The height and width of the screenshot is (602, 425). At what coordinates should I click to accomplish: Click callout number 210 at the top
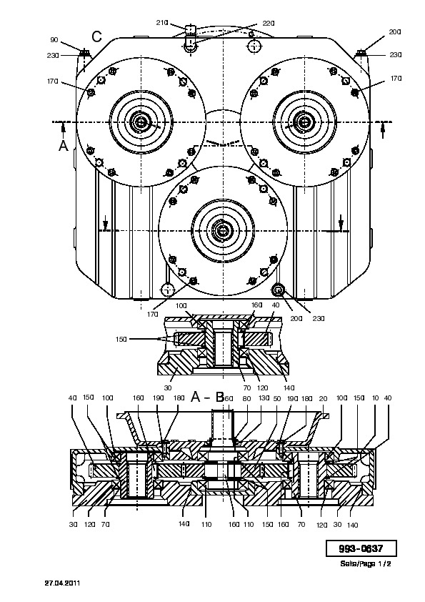(162, 23)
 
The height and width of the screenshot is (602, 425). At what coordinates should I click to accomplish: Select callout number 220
(269, 24)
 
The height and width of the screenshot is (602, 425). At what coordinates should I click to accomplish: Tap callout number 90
(54, 40)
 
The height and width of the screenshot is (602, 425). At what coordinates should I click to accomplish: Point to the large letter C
(96, 36)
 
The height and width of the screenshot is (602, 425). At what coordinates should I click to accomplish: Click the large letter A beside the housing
(64, 146)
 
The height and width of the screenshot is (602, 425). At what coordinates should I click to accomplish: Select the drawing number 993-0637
(361, 548)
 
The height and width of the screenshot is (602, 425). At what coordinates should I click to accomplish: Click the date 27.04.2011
(63, 583)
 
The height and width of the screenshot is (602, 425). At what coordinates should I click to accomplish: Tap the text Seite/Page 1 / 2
(366, 563)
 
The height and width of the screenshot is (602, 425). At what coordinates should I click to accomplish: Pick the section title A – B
(208, 397)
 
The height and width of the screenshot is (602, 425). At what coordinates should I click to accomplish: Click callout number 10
(376, 398)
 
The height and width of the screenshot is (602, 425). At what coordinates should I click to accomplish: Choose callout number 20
(324, 398)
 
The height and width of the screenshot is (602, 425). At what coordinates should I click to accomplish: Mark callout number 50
(277, 398)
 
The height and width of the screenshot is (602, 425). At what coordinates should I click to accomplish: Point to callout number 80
(246, 398)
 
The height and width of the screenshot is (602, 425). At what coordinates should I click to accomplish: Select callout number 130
(264, 398)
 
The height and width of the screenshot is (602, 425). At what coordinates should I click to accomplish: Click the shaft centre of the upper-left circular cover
(141, 122)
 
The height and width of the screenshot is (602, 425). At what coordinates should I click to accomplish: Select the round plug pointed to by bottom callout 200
(278, 290)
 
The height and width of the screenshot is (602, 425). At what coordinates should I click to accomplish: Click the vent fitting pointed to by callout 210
(191, 39)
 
